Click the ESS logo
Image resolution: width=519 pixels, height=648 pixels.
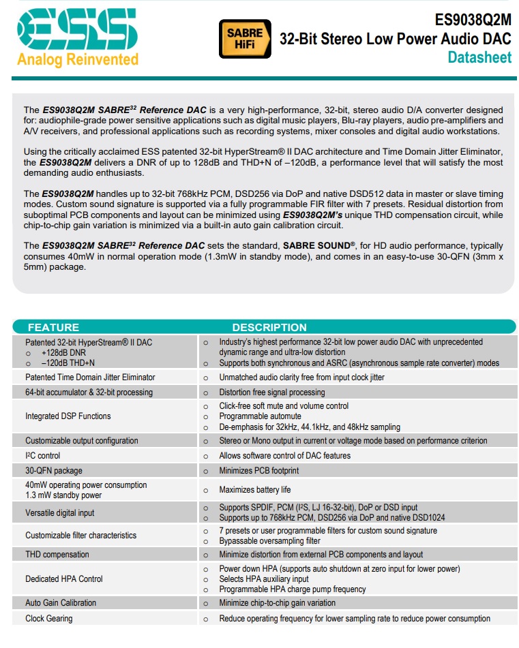[77, 30]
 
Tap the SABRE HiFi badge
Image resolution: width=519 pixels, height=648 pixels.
[240, 38]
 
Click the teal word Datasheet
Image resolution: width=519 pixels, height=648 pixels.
[479, 57]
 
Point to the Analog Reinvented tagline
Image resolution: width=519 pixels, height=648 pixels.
[77, 59]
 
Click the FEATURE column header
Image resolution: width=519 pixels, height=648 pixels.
[53, 327]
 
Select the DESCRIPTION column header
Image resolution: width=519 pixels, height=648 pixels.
[269, 327]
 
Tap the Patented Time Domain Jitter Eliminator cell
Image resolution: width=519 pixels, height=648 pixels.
[90, 377]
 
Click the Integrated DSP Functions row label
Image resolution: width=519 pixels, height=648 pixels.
[68, 416]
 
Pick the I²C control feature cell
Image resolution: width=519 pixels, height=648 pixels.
[43, 456]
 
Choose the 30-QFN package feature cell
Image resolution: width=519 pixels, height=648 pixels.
[54, 471]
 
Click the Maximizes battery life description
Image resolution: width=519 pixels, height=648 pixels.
[254, 490]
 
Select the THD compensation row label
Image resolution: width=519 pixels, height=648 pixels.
[57, 555]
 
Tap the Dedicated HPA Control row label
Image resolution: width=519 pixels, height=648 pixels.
[64, 579]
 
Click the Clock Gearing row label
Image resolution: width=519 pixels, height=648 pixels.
[49, 619]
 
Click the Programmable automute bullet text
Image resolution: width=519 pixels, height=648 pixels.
[260, 416]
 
